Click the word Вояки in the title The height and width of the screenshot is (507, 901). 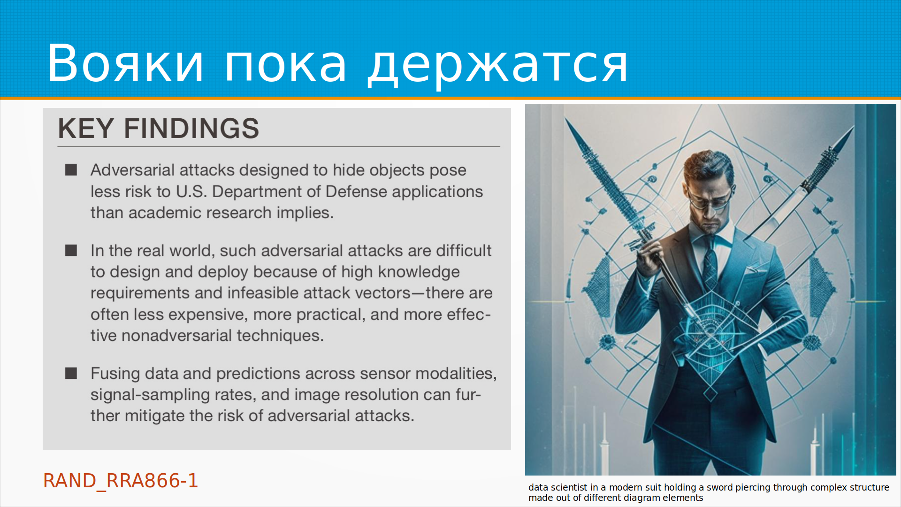coord(125,63)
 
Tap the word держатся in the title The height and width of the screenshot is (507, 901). coord(497,66)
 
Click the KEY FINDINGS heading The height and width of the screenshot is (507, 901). coord(158,128)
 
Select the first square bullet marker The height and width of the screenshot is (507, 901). coord(71,169)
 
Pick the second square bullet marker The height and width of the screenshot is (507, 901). coord(71,250)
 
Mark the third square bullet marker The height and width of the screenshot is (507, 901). coord(71,373)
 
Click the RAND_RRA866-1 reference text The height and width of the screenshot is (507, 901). coord(121,481)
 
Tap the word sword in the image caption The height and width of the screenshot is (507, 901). coord(720,487)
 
